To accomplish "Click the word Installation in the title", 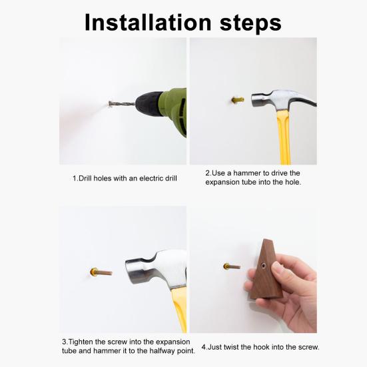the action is click(148, 22).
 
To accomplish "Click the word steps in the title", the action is click(250, 23).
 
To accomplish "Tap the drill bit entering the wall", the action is click(121, 104).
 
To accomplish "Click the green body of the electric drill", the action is click(175, 110).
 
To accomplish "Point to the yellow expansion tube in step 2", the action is click(238, 100).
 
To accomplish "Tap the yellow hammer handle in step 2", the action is click(284, 137).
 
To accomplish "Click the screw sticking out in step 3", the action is click(101, 272).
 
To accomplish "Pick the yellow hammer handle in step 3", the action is click(180, 309).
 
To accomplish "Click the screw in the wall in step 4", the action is click(232, 266).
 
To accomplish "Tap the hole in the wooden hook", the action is click(264, 265).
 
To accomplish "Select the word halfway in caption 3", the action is click(165, 350).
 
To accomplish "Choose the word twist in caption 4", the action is click(231, 347).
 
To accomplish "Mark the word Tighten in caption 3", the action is click(80, 342).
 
